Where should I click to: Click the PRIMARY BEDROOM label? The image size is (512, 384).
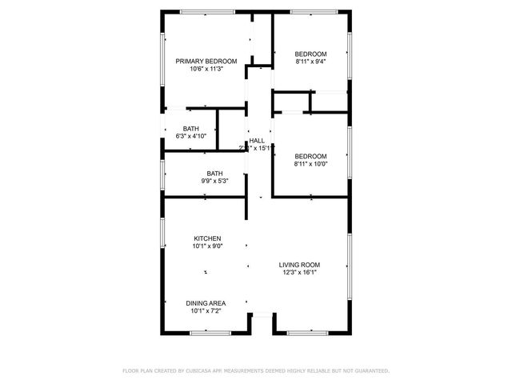point(206,62)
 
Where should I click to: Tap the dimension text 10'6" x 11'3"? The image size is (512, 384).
point(206,70)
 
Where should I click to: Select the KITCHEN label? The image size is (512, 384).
point(207,238)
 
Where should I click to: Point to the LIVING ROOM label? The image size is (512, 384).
point(299,265)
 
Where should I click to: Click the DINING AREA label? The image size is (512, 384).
point(206,303)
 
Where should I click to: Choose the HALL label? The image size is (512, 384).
point(258,141)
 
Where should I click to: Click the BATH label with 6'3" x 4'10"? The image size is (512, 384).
point(190,129)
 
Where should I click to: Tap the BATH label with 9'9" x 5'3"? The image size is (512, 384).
point(214,174)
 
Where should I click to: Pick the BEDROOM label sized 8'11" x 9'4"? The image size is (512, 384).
point(310,54)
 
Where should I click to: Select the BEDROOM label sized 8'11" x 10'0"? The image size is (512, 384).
point(310,156)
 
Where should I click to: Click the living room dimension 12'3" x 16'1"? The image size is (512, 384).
point(299,273)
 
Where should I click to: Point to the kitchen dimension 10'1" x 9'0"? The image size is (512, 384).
point(207,246)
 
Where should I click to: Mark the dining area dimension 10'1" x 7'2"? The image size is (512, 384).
point(206,311)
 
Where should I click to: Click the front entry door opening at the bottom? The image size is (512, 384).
point(261,316)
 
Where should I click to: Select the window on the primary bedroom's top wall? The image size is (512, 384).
point(202,11)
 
